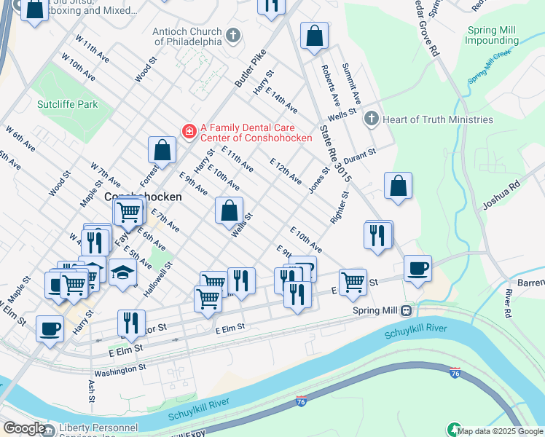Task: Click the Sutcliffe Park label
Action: (x=67, y=104)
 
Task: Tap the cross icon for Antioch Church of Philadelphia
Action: (x=232, y=35)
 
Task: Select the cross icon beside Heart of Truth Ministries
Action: (x=371, y=119)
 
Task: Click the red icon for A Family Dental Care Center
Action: (x=189, y=131)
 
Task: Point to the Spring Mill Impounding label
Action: (x=492, y=35)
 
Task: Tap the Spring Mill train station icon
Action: (x=404, y=310)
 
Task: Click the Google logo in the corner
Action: (x=24, y=428)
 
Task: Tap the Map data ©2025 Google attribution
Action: (x=500, y=431)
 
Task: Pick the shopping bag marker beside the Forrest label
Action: (x=162, y=151)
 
